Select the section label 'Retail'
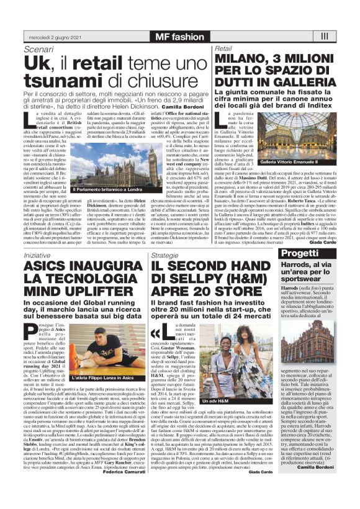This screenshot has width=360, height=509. (x=223, y=48)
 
